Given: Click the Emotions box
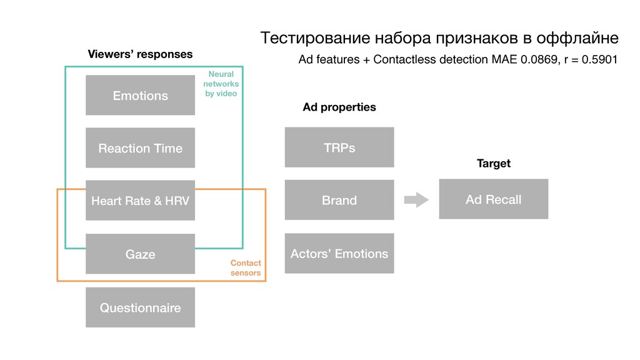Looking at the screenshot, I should (x=140, y=95).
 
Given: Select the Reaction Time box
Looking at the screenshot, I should (x=140, y=148).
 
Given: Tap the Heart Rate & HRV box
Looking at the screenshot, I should (x=140, y=201).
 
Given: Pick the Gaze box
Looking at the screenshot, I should (x=140, y=254).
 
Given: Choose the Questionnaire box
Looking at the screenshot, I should (x=140, y=307).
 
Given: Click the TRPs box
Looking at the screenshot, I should (x=339, y=147).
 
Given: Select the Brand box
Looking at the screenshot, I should (x=339, y=200).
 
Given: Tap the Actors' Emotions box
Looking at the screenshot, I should (x=339, y=253).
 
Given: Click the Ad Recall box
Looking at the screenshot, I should (x=493, y=199).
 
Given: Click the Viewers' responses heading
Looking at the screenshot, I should (x=140, y=54).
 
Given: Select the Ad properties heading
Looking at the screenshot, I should (x=339, y=107).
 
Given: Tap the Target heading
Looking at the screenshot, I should (x=493, y=163).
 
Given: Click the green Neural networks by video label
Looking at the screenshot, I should (x=222, y=84).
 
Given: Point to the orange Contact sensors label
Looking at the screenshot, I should (x=246, y=268).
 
